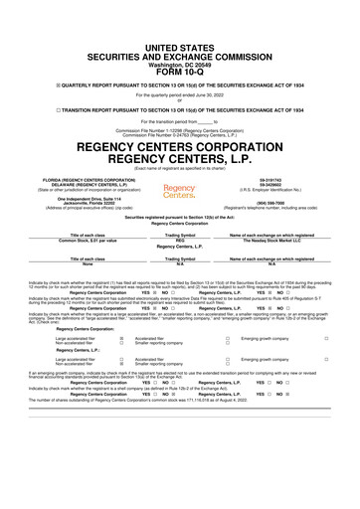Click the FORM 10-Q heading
pos(179,42)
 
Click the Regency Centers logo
pos(179,190)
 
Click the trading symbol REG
pos(179,240)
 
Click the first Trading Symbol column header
pos(179,234)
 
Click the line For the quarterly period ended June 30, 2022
pos(179,68)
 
